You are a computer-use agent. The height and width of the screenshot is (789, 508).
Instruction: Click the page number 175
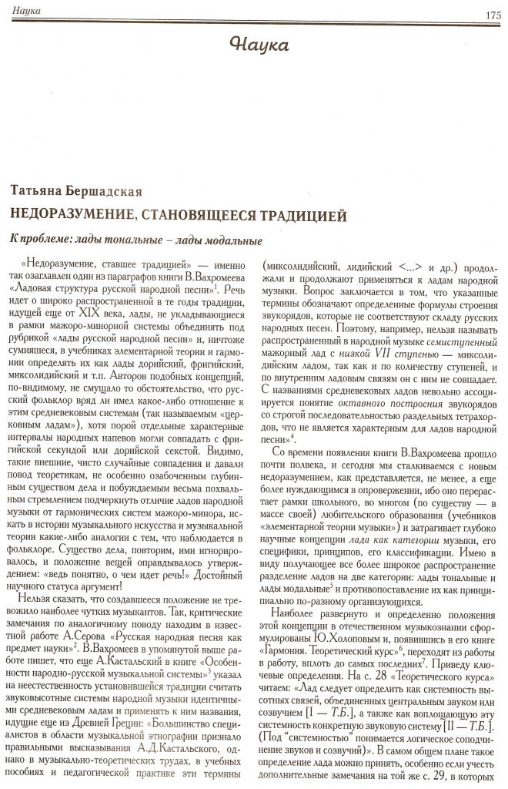tap(493, 15)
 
